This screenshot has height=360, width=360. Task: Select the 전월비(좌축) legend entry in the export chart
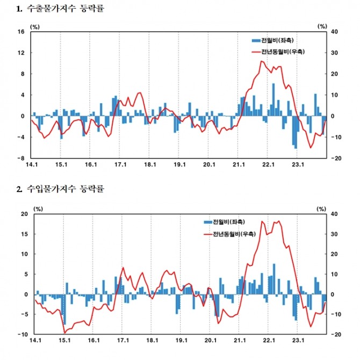[x=274, y=41]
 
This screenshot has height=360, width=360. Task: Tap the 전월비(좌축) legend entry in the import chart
[x=226, y=221]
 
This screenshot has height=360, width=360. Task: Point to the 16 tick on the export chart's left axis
[x=21, y=32]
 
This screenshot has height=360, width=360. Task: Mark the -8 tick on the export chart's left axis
[x=21, y=159]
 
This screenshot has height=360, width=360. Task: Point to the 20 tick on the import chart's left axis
[x=23, y=214]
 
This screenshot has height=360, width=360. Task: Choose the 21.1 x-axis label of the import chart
[x=239, y=340]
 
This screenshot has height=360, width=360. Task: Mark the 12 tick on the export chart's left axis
[x=21, y=53]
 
